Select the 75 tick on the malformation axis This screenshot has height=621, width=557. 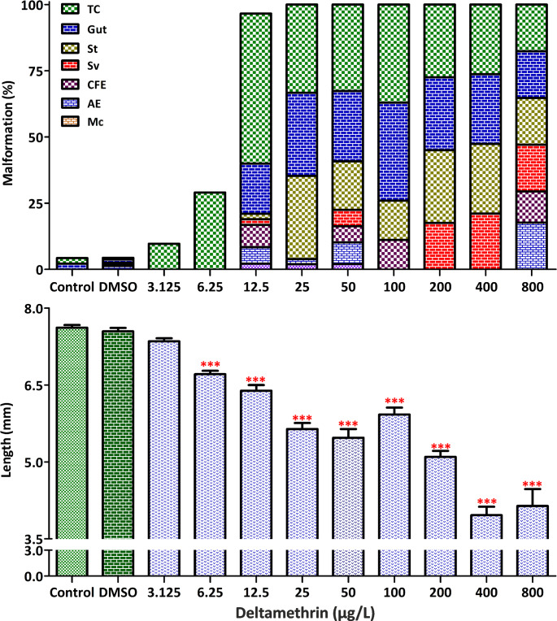click(32, 71)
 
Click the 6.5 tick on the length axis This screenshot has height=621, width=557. click(30, 385)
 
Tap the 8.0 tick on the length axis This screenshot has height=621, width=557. click(30, 309)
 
